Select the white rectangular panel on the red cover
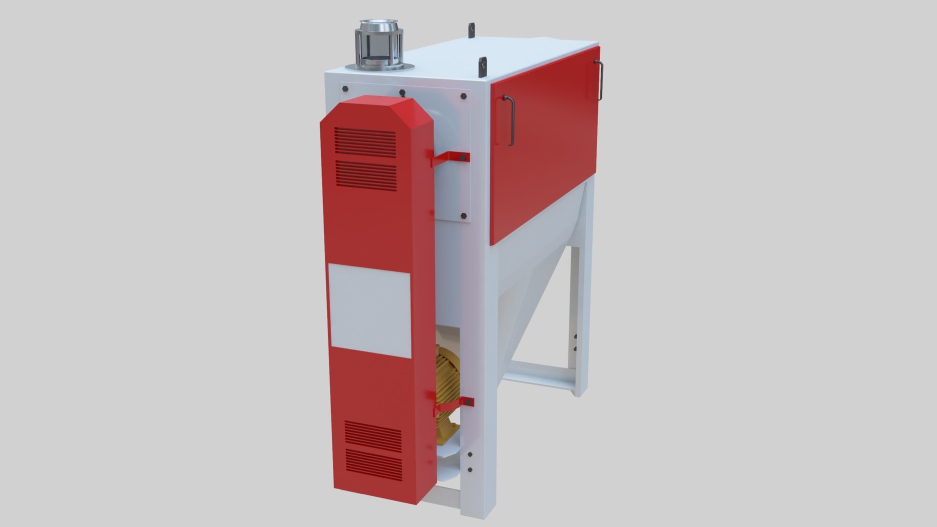click(370, 311)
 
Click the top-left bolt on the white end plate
click(345, 89)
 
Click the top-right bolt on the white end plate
click(464, 96)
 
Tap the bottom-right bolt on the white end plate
click(463, 216)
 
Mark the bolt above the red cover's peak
click(402, 93)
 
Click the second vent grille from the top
click(366, 175)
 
